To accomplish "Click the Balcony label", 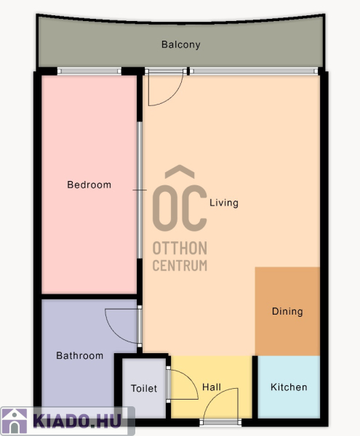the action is pos(181,44).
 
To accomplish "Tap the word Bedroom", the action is pos(89,185).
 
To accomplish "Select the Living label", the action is pos(224,203).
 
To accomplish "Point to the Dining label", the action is pos(287,312).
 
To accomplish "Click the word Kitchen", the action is pos(289,387).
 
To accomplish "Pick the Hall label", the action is pos(212,387).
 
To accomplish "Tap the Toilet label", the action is pos(144,389).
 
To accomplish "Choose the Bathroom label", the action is pos(79,355).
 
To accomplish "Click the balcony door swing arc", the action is pos(172,97).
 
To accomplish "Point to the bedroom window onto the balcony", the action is pos(89,71).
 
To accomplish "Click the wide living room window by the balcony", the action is pos(254,71).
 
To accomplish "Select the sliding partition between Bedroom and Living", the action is pos(140,190).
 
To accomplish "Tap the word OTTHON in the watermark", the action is pos(180,248).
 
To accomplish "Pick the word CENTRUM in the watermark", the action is pos(180,265).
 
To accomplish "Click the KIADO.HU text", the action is pos(77,421).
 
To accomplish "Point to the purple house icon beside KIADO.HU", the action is pos(15,421).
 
